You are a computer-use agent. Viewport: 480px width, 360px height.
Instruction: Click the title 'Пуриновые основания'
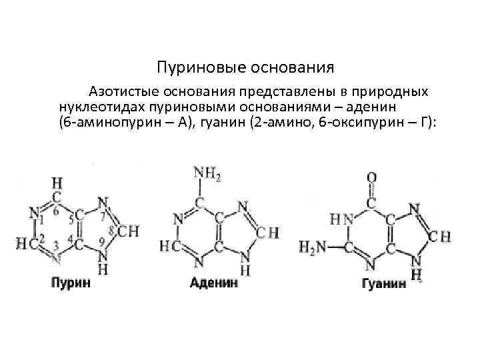coord(245,68)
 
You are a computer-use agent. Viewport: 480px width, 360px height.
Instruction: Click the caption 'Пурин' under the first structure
coord(71,282)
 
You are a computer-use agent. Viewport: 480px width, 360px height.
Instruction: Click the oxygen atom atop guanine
coord(371,178)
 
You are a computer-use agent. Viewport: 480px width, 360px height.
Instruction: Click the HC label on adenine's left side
coord(169,246)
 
